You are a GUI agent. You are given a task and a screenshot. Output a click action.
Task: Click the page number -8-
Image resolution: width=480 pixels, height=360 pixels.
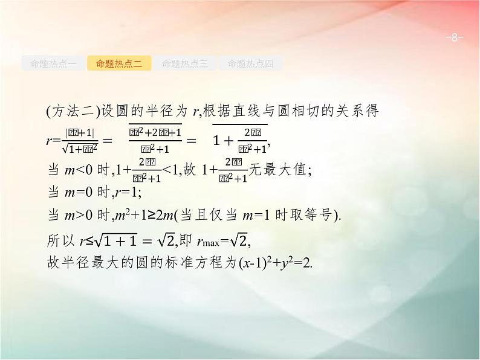pos(453,38)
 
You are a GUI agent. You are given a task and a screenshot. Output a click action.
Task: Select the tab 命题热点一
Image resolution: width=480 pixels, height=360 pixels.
pos(53,63)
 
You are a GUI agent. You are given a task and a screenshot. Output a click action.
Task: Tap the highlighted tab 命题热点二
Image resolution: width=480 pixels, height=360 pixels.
pos(119,63)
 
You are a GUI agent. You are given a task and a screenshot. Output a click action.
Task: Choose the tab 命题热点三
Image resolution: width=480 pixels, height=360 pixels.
pos(185,63)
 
